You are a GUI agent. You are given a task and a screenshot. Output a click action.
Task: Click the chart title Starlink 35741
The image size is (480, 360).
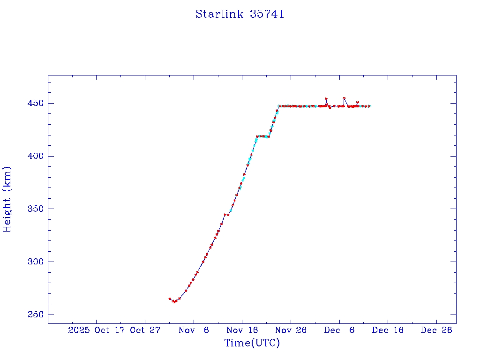coord(240,15)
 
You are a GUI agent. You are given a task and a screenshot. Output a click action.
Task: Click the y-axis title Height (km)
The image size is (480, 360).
coord(7,199)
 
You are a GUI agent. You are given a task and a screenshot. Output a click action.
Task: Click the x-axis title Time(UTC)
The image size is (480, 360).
coord(252,343)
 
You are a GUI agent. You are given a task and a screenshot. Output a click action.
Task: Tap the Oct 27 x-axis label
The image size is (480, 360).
coord(145,330)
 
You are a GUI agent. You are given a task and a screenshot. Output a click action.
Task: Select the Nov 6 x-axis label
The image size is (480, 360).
coord(194,330)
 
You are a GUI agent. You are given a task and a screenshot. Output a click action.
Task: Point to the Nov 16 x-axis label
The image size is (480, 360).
coord(242,330)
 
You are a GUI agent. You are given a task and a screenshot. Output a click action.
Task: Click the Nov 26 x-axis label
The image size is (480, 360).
coord(291,330)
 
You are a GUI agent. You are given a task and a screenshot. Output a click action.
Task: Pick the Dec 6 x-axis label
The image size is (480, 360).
coord(339,330)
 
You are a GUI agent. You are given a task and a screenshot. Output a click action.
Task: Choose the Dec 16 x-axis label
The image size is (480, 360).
coord(388,330)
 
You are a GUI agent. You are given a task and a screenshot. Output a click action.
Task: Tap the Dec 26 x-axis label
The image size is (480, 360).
coord(436,330)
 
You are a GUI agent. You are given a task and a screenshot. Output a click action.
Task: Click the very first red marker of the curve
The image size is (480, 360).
coord(170,299)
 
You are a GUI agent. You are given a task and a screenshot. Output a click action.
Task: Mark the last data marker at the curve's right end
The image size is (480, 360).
coord(369,106)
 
